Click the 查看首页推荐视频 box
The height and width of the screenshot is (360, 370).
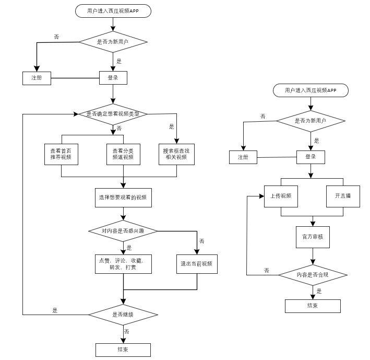(61, 154)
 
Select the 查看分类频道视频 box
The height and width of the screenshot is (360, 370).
(123, 154)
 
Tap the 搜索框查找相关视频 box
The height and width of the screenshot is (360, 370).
(176, 154)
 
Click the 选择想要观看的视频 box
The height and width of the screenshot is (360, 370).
(123, 198)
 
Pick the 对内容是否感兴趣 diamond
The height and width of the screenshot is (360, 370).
(123, 231)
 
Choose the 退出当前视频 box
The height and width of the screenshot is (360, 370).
(197, 264)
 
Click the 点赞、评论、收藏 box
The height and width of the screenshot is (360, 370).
(123, 264)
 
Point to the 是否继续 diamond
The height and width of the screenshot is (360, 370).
(123, 315)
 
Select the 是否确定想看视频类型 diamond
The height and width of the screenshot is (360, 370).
(113, 114)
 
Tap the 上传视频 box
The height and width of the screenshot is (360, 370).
(281, 196)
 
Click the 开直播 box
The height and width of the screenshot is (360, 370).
(343, 196)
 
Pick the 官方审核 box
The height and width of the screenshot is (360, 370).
(313, 237)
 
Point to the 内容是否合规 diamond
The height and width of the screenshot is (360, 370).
(313, 275)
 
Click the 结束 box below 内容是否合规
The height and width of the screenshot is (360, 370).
(313, 306)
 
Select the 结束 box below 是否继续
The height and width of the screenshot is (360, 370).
(123, 350)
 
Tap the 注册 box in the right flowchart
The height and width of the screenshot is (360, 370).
(243, 157)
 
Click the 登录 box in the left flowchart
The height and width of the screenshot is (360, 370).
(113, 78)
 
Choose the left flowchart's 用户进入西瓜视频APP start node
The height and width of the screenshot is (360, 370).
(113, 11)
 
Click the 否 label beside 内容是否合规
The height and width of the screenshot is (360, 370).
(267, 270)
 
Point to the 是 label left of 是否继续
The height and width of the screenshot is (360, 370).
(55, 310)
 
